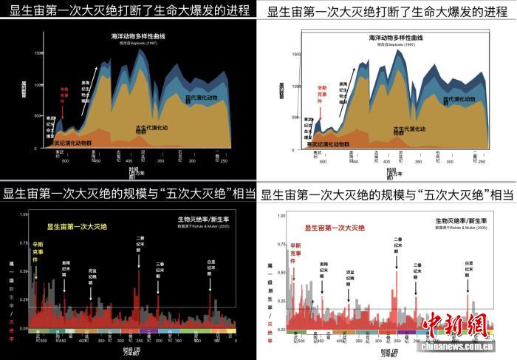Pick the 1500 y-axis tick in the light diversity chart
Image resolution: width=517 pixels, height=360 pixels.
click(x=295, y=53)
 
